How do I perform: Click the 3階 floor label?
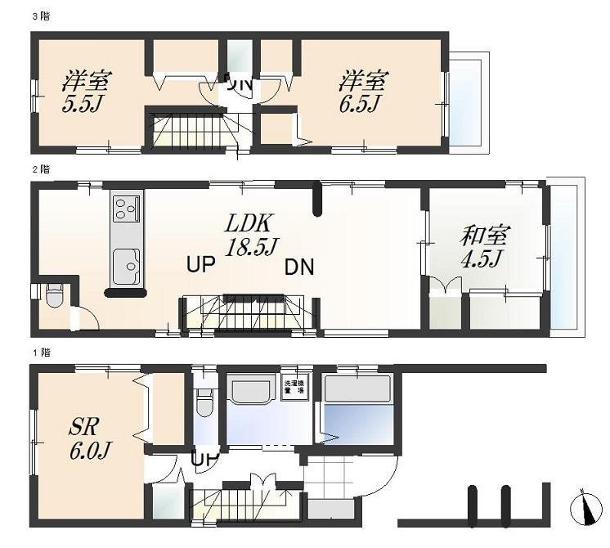tap(40, 16)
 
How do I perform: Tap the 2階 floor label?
tap(40, 169)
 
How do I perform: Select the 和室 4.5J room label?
tap(484, 248)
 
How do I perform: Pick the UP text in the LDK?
tap(202, 265)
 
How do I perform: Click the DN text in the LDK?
tap(299, 267)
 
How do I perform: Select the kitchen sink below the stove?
tap(127, 262)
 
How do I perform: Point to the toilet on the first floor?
tap(204, 402)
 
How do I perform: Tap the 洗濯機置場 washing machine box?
tap(291, 387)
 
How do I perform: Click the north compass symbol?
tap(584, 507)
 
